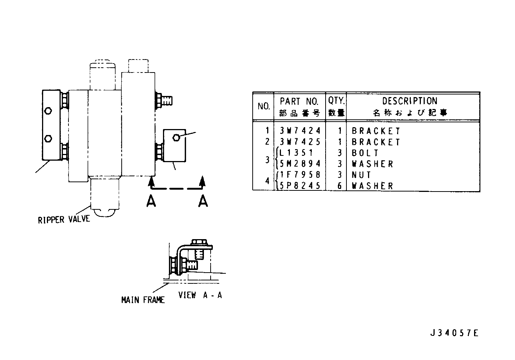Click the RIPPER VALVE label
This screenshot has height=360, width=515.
pos(64,219)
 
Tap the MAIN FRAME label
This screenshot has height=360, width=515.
pos(143,300)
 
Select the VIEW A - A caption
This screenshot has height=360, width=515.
pos(200,295)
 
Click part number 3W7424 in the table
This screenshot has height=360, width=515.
pos(300,131)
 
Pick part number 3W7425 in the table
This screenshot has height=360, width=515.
pos(300,142)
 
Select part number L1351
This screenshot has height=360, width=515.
pos(296,153)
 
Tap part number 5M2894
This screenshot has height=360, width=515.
pos(300,164)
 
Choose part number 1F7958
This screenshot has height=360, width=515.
pos(300,175)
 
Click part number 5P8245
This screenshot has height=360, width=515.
pos(300,186)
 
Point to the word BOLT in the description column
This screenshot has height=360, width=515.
pos(365,153)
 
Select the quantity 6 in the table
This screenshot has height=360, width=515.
pos(340,186)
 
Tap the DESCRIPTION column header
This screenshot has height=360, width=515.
pos(410,101)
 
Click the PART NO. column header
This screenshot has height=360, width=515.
pos(299,101)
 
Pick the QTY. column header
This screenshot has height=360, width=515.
pos(336,100)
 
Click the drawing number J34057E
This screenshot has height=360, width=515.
pos(454,333)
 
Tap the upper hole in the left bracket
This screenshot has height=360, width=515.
pos(48,111)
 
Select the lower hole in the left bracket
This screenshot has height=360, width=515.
pos(48,139)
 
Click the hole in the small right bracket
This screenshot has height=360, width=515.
pos(176,138)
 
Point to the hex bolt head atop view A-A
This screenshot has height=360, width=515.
pos(199,242)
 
